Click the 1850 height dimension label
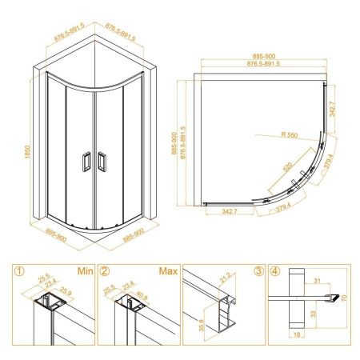28,152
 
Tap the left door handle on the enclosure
86,162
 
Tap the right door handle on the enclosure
102,162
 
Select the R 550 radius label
290,135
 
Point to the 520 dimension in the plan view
287,166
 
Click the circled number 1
20,271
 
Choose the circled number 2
105,271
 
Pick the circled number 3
258,271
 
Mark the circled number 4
275,271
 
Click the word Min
86,271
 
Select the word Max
168,271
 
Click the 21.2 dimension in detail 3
225,278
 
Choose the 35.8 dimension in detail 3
202,325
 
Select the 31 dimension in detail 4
317,281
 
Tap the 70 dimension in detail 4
344,298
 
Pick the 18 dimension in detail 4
297,334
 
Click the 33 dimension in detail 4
314,314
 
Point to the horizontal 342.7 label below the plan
230,211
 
